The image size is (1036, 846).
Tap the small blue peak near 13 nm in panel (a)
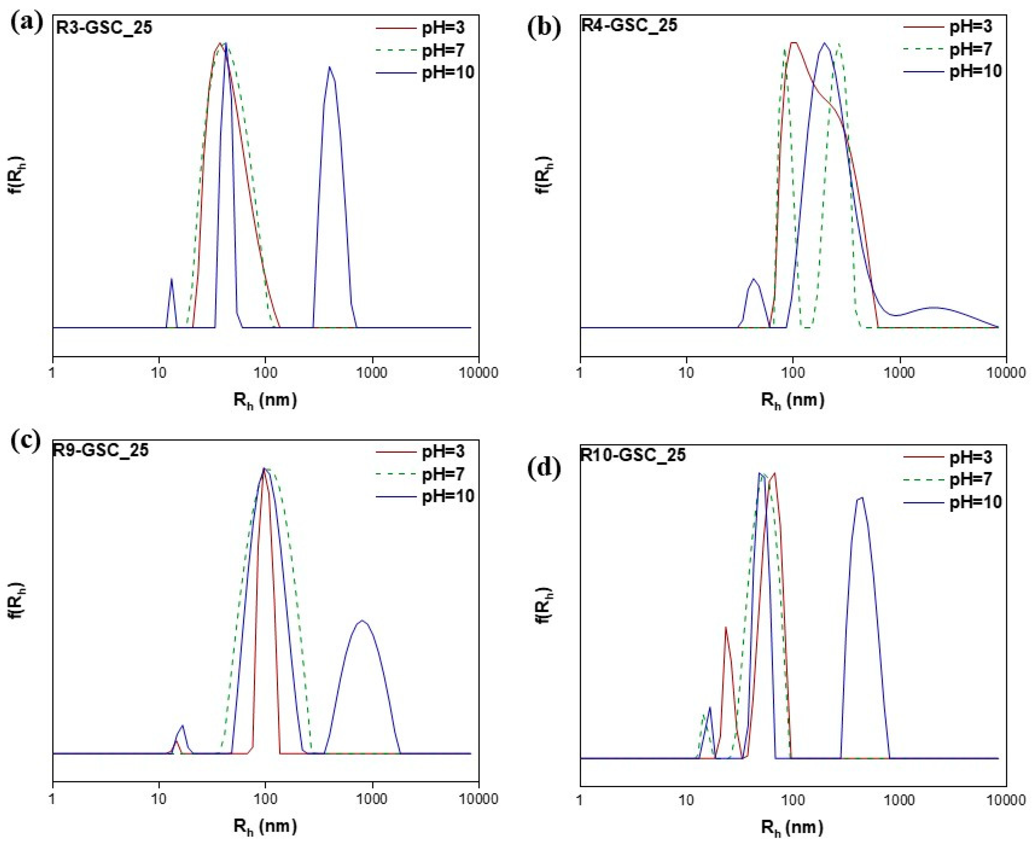(171, 279)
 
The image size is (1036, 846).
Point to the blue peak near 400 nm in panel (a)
(330, 68)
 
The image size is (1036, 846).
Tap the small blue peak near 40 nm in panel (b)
(753, 280)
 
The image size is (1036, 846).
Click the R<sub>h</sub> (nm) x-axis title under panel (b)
(793, 401)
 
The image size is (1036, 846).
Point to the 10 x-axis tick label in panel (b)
(686, 373)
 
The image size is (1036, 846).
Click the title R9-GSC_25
(101, 449)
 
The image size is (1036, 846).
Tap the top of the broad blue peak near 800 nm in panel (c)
(362, 621)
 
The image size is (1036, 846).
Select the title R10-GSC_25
(633, 455)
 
